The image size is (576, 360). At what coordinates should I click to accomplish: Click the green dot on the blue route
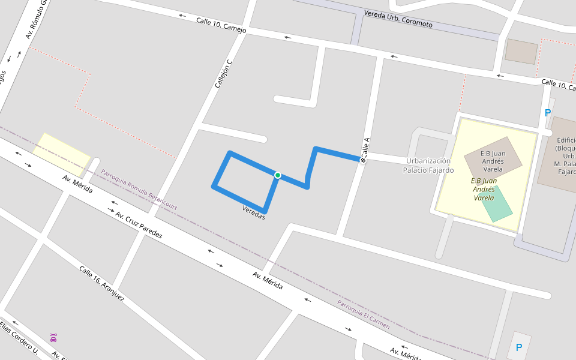[x=278, y=175]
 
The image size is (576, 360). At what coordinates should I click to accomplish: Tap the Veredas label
[x=253, y=212]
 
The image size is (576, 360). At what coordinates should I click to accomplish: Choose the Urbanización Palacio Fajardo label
[x=428, y=166]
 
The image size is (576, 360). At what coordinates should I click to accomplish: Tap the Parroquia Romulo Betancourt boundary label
[x=139, y=190]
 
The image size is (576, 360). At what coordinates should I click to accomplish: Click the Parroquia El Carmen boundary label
[x=363, y=315]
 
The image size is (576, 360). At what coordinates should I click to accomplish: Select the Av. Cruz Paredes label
[x=139, y=225]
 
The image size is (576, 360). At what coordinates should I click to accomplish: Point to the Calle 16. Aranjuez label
[x=102, y=283]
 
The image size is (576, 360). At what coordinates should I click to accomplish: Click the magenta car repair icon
[x=53, y=338]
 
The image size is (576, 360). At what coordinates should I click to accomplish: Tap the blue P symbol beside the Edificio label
[x=547, y=113]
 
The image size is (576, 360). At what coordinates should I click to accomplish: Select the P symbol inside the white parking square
[x=519, y=347]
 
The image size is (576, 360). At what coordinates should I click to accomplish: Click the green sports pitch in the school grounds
[x=496, y=204]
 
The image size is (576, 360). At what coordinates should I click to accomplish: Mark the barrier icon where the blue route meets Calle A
[x=362, y=160]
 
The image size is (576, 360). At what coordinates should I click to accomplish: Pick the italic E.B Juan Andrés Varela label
[x=483, y=189]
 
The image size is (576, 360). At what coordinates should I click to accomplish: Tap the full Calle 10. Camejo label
[x=221, y=26]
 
